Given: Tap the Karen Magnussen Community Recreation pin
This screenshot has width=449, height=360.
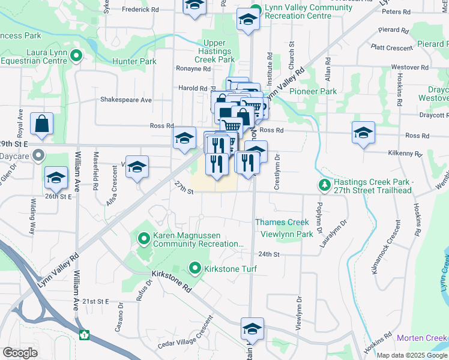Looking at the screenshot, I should pyautogui.click(x=144, y=239).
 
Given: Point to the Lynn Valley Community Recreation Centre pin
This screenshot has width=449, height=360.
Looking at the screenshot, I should pyautogui.click(x=256, y=10).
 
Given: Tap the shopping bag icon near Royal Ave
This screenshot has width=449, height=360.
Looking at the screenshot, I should pyautogui.click(x=42, y=125).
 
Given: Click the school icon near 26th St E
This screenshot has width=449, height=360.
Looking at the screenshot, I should pyautogui.click(x=56, y=177).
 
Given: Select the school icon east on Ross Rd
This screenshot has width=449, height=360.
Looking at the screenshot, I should pyautogui.click(x=363, y=133).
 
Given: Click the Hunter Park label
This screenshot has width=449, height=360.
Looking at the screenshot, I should pyautogui.click(x=134, y=61).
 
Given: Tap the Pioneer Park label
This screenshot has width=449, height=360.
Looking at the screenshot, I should pyautogui.click(x=313, y=91).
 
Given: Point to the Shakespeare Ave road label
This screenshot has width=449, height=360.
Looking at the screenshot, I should pyautogui.click(x=126, y=100).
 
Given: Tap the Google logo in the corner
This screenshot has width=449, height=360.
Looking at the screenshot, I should pyautogui.click(x=20, y=353).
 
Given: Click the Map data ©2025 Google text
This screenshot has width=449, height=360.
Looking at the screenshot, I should pyautogui.click(x=412, y=355).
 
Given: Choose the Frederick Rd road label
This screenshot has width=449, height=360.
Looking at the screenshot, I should pyautogui.click(x=140, y=10).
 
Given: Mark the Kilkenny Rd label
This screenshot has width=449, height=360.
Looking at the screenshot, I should pyautogui.click(x=405, y=154).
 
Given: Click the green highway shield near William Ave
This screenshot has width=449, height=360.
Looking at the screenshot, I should pyautogui.click(x=85, y=334).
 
